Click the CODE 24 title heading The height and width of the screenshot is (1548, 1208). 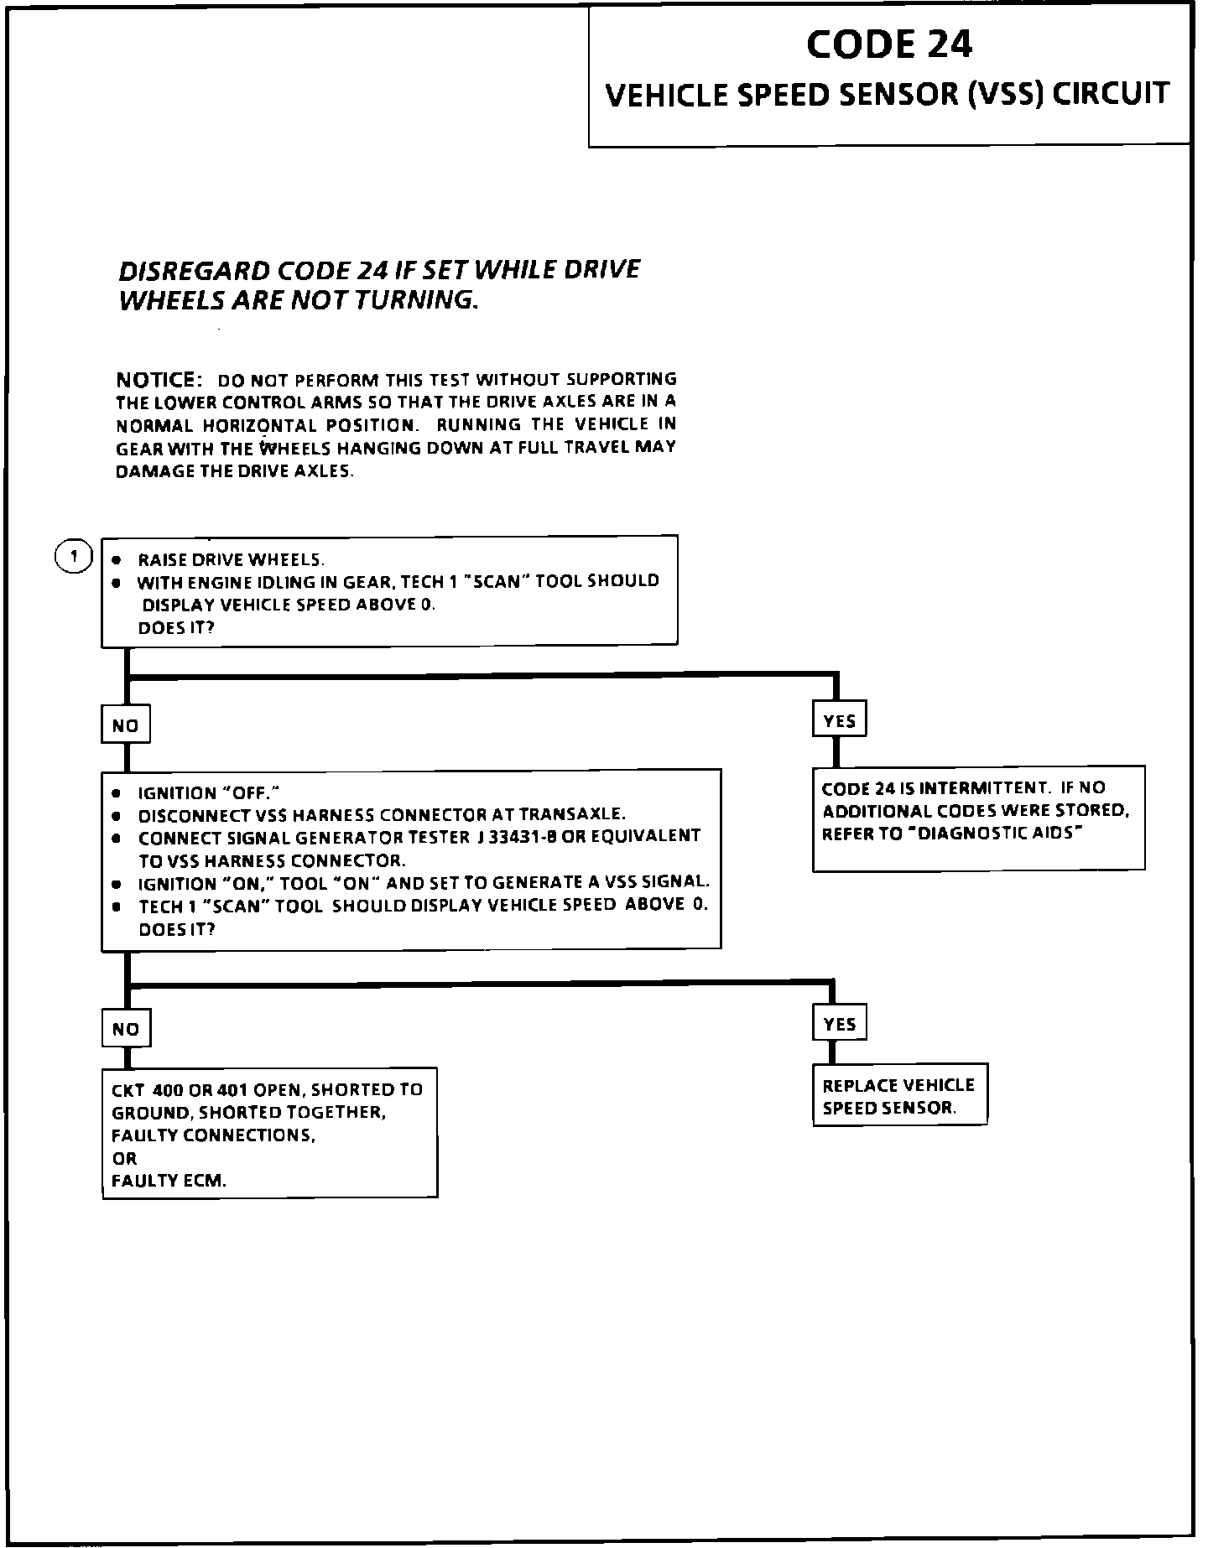pyautogui.click(x=889, y=44)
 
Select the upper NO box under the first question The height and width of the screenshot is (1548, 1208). pyautogui.click(x=126, y=725)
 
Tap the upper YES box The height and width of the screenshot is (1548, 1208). pyautogui.click(x=839, y=720)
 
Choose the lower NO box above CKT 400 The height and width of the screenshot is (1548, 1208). pyautogui.click(x=126, y=1029)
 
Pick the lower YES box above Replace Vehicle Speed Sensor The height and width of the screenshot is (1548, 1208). pyautogui.click(x=839, y=1024)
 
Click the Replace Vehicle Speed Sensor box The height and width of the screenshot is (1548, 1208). pyautogui.click(x=899, y=1095)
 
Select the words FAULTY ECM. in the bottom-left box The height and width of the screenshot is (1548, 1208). pyautogui.click(x=169, y=1181)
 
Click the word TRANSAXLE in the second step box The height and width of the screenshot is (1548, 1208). pyautogui.click(x=571, y=814)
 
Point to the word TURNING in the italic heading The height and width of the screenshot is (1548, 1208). pyautogui.click(x=415, y=300)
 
